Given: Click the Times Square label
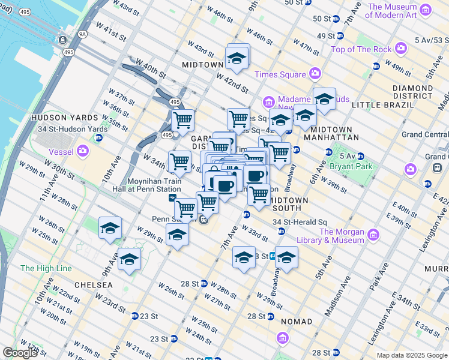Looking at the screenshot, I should click(280, 74).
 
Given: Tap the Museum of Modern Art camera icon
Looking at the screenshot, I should click(426, 10).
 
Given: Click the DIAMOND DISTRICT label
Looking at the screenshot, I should click(412, 92).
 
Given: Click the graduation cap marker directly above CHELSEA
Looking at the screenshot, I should click(129, 259).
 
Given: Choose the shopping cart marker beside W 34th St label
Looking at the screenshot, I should click(179, 161).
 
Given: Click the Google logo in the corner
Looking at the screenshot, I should click(20, 353).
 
